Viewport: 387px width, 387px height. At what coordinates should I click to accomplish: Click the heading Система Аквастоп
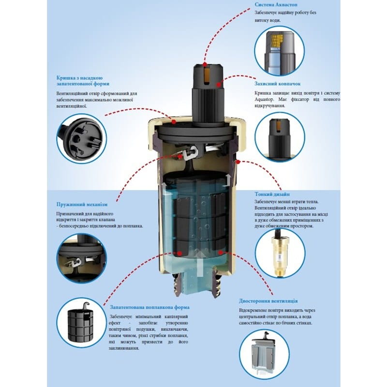276,5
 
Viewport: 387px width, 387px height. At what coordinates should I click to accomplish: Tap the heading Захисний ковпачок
277,84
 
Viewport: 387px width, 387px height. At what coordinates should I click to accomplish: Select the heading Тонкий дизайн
272,194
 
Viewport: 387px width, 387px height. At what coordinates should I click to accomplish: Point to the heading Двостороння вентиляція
268,301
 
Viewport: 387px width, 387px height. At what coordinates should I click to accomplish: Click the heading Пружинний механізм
82,204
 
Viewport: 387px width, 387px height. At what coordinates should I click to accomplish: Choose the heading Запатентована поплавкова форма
149,307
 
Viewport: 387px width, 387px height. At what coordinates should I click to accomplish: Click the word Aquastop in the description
264,100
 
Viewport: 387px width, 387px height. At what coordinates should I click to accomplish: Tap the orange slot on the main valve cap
208,75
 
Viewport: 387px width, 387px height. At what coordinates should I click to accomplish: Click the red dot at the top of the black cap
205,65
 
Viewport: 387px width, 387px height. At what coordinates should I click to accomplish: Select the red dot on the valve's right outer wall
238,162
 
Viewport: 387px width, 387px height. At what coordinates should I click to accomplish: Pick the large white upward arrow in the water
199,263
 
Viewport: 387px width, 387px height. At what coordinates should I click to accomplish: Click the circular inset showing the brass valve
280,253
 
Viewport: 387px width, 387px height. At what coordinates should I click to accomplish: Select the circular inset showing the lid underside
82,138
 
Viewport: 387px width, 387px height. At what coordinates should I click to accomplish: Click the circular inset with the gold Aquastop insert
280,51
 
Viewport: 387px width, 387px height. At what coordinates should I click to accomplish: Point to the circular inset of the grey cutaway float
264,354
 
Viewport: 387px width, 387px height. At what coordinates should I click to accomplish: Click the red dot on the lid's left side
174,122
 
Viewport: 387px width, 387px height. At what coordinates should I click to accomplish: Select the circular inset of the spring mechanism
82,258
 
